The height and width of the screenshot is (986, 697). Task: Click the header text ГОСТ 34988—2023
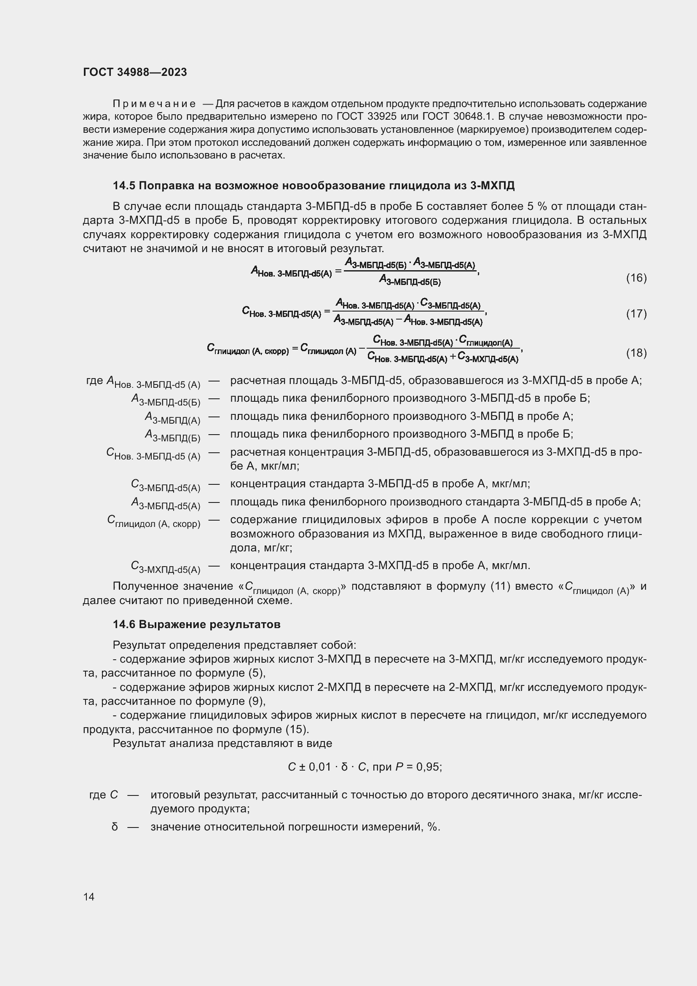135,72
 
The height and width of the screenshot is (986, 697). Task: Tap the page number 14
89,897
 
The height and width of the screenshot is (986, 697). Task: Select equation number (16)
636,278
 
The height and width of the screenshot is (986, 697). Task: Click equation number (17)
636,314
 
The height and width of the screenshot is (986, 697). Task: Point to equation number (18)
636,353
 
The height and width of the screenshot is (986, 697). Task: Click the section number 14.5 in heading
124,185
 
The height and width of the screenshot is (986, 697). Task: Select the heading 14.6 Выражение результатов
196,624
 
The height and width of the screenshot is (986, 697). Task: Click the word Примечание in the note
154,104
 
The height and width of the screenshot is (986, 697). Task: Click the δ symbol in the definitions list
115,827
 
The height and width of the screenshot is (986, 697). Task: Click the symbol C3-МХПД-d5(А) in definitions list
165,567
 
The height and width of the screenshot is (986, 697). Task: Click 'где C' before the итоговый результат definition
103,795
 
